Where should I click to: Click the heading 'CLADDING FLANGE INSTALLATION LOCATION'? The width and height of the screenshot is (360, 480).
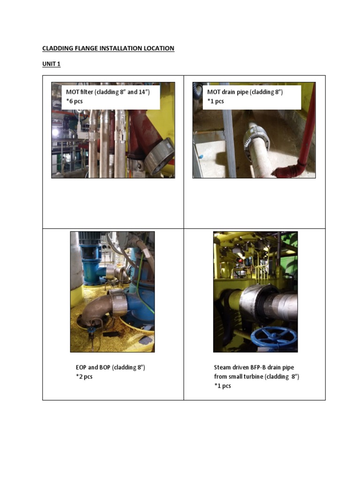[x=108, y=48]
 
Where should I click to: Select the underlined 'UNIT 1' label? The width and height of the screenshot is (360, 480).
[x=52, y=64]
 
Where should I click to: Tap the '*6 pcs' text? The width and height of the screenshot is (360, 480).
[x=75, y=101]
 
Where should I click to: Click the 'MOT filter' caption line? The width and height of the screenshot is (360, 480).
[x=108, y=92]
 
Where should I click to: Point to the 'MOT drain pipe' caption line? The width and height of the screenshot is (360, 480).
[x=245, y=92]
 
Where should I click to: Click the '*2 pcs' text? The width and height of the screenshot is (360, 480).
[x=84, y=376]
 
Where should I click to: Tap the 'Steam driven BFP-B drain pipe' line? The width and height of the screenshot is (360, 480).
[x=254, y=367]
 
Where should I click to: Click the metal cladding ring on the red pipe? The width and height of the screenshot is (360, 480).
[x=160, y=156]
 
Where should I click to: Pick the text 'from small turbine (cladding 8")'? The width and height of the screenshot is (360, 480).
[x=256, y=377]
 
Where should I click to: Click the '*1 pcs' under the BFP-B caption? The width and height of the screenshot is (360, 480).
[x=223, y=386]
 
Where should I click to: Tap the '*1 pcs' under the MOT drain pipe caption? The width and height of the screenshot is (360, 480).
[x=216, y=101]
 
